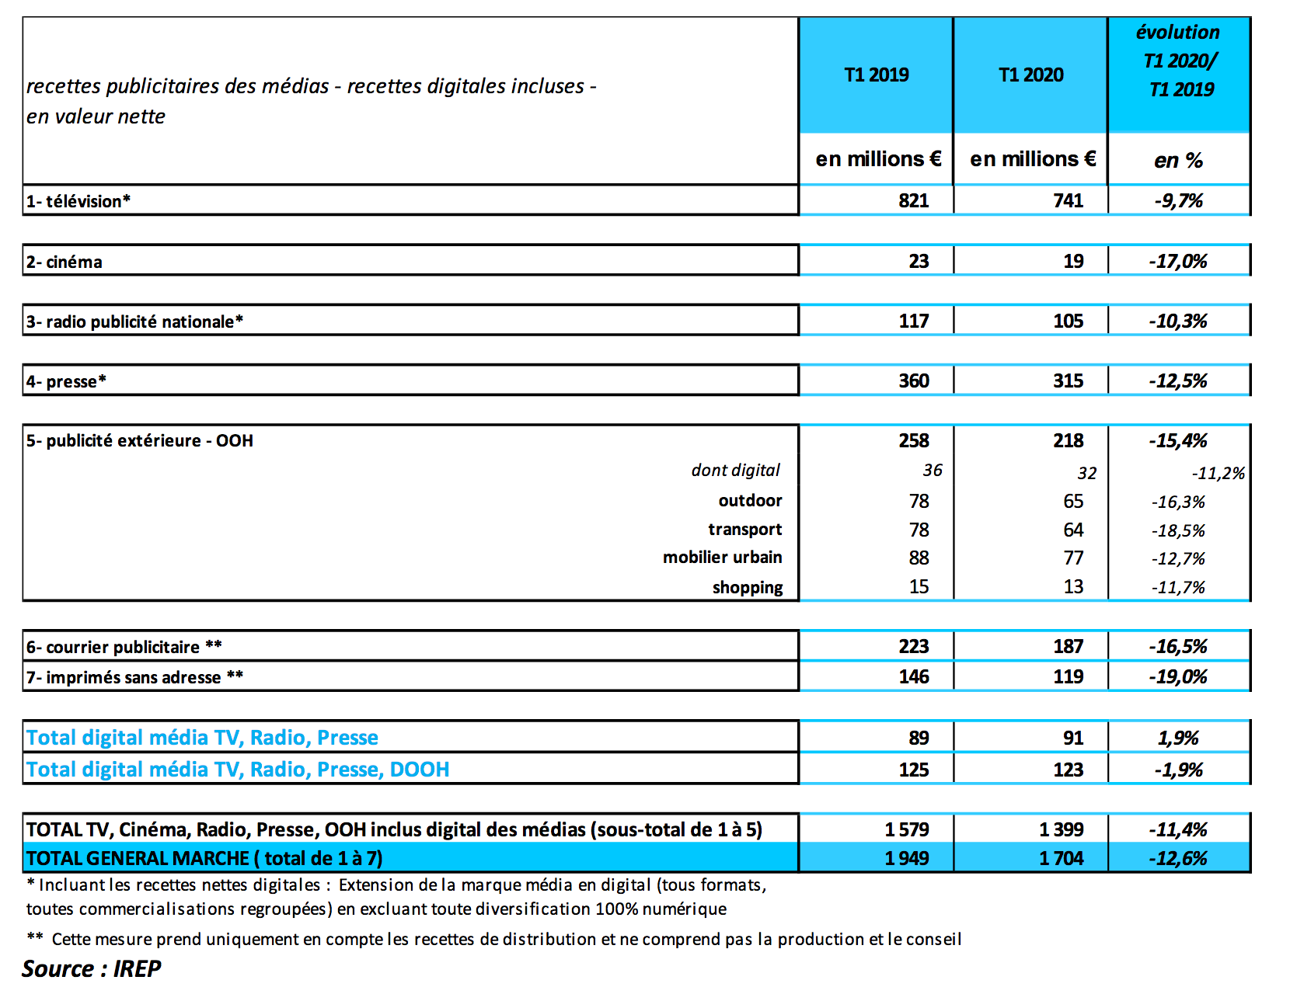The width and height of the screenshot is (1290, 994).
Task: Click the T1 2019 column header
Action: [876, 75]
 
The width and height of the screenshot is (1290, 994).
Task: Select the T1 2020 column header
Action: [1030, 75]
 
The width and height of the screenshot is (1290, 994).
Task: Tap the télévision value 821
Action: [914, 201]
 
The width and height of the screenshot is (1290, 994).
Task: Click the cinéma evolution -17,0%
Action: [1178, 262]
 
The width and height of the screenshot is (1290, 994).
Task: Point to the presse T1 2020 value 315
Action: [1069, 381]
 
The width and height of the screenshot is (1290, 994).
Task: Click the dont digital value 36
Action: [933, 471]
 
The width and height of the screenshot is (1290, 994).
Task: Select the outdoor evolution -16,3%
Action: [1178, 502]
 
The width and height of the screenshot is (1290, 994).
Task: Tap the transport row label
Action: [744, 530]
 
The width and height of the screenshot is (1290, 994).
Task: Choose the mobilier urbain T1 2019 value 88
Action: [919, 558]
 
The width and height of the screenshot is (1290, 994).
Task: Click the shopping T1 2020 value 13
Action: [1073, 587]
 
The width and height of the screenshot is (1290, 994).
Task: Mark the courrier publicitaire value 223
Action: [914, 647]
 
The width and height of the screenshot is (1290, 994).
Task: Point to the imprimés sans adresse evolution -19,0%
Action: [1178, 677]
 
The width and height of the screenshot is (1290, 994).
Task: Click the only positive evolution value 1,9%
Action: [1178, 739]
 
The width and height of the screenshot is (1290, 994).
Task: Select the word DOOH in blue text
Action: [420, 770]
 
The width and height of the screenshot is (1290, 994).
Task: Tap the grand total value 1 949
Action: [906, 859]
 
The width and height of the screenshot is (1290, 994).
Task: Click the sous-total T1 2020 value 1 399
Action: [1061, 830]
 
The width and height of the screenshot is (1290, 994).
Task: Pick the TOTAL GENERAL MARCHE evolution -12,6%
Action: [1178, 859]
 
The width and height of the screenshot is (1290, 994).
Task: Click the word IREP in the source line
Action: [137, 969]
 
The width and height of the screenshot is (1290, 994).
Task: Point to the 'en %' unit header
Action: [1178, 161]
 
